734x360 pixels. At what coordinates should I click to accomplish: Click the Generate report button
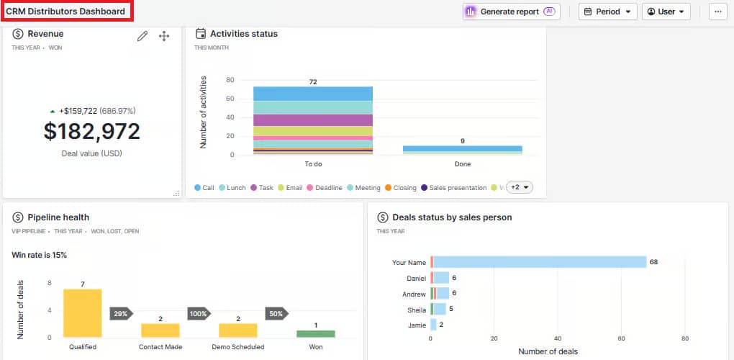(511, 12)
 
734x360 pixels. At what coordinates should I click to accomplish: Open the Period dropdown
(607, 12)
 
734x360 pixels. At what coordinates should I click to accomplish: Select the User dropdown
(666, 12)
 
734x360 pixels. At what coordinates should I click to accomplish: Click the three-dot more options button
(717, 12)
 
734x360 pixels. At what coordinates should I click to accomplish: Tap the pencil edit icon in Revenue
(142, 36)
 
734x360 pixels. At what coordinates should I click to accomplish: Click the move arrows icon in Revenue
(163, 36)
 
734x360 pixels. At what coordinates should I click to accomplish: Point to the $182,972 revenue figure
(91, 131)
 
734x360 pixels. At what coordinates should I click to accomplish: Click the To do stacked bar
(313, 120)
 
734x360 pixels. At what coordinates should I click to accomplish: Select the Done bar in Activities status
(463, 150)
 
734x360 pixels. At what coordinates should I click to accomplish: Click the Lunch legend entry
(232, 188)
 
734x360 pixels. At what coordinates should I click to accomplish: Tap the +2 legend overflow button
(520, 187)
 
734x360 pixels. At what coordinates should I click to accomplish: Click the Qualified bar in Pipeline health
(83, 313)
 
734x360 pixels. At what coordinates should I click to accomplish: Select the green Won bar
(316, 334)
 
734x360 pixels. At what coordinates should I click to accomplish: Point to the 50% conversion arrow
(276, 314)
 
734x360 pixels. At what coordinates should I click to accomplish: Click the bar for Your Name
(540, 262)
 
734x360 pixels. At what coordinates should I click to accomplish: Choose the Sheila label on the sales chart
(416, 309)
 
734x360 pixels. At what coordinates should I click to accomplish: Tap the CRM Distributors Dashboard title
(65, 12)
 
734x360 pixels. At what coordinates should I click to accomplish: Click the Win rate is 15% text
(40, 255)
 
